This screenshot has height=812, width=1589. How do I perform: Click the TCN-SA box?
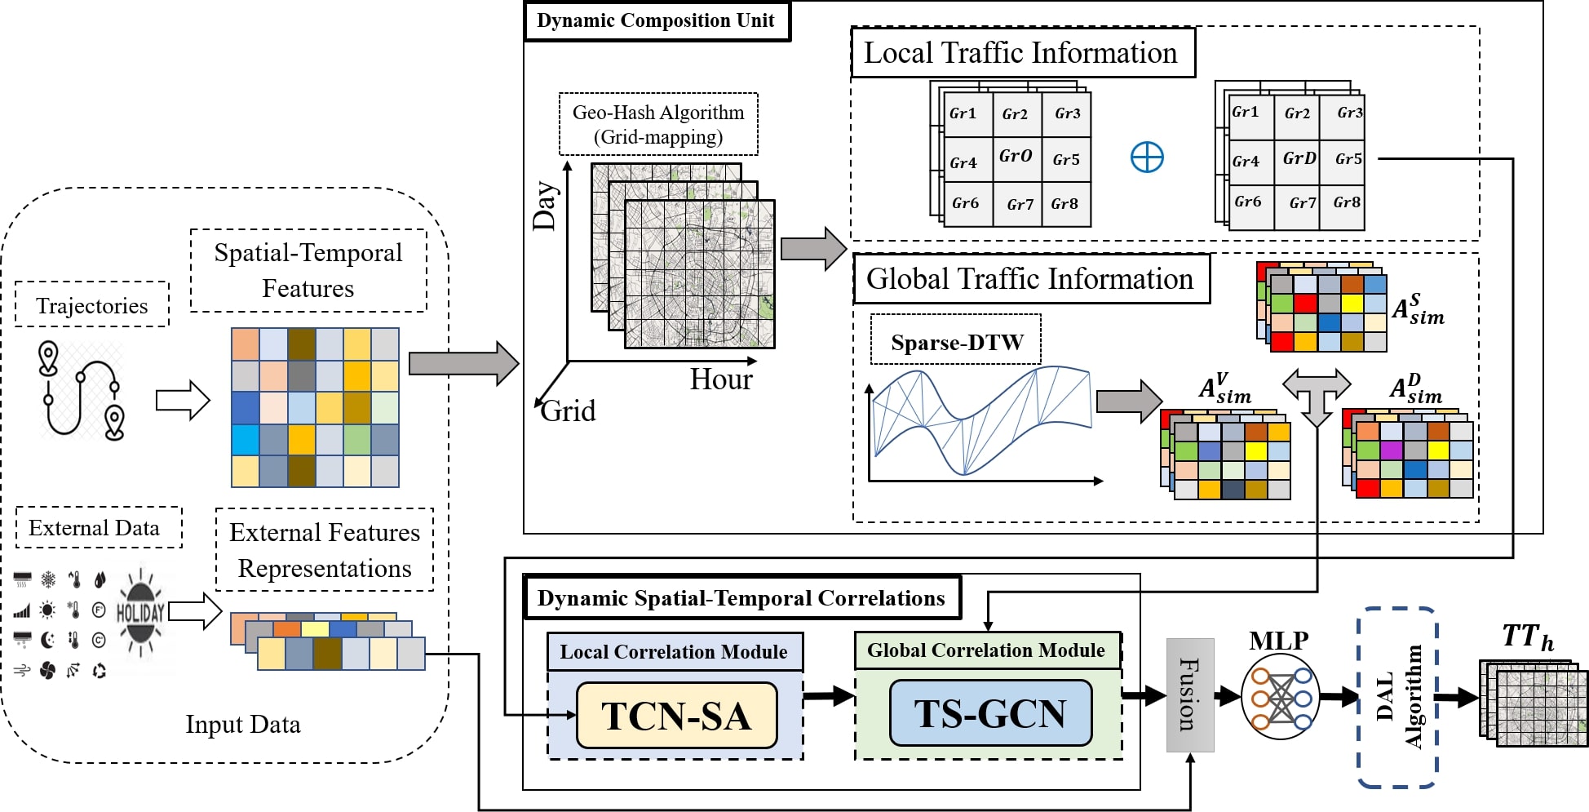[x=676, y=716]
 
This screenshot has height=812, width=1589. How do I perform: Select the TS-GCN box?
[x=989, y=713]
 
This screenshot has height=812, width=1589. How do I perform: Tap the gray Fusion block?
[x=1190, y=694]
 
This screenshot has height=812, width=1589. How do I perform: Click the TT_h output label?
[x=1528, y=637]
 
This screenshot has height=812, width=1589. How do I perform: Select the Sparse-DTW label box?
[x=956, y=342]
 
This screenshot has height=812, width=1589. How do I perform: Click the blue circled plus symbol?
[x=1147, y=157]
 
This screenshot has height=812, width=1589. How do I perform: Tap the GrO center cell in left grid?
[x=1016, y=157]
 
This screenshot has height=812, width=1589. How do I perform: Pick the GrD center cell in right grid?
[x=1299, y=158]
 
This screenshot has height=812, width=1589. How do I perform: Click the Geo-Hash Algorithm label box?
[x=658, y=124]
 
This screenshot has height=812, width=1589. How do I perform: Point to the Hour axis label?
[x=721, y=379]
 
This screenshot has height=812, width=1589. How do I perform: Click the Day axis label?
[x=545, y=206]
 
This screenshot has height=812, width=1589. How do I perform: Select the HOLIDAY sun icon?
[x=140, y=612]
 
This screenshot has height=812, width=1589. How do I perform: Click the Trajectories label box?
[x=92, y=305]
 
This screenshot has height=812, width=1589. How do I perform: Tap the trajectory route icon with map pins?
[x=82, y=390]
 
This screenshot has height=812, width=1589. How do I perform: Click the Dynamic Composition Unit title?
[x=656, y=21]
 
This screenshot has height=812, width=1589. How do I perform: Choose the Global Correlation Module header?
[x=986, y=650]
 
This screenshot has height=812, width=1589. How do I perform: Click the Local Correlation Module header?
[x=674, y=652]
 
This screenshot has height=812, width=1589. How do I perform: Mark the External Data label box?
[x=95, y=528]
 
